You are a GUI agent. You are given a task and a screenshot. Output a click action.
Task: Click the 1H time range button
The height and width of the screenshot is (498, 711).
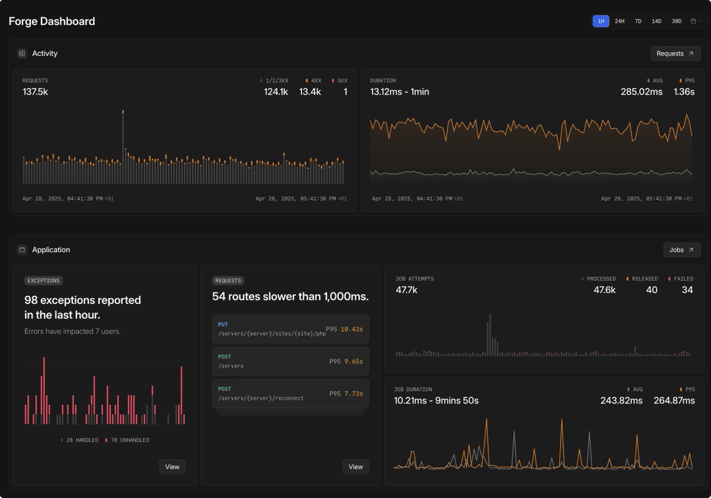click(601, 21)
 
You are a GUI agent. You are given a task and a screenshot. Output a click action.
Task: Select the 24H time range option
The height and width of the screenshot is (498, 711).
click(619, 21)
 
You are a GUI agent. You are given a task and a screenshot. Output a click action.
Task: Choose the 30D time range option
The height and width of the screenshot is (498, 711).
click(676, 21)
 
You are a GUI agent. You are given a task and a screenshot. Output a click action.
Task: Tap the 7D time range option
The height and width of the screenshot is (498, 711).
click(638, 21)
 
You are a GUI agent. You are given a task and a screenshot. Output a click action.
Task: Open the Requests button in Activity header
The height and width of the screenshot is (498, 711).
click(675, 53)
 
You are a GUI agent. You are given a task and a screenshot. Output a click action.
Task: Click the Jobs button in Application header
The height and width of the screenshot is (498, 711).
click(681, 250)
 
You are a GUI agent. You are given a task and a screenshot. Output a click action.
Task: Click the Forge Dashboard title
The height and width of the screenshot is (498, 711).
click(52, 21)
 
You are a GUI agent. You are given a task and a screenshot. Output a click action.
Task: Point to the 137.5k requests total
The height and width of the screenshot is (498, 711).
click(35, 92)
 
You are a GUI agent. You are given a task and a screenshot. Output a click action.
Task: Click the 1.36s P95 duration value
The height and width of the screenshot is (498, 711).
click(684, 92)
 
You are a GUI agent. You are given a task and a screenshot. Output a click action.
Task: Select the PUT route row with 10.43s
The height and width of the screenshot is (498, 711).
click(290, 329)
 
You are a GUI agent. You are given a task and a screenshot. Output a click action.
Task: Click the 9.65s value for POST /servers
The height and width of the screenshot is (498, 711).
click(353, 361)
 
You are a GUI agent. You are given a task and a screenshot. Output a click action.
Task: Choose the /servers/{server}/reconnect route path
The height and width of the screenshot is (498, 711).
click(261, 398)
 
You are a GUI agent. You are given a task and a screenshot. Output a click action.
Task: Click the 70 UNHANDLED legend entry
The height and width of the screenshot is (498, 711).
click(127, 440)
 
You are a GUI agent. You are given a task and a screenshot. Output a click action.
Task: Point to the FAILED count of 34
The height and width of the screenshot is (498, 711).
click(687, 290)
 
